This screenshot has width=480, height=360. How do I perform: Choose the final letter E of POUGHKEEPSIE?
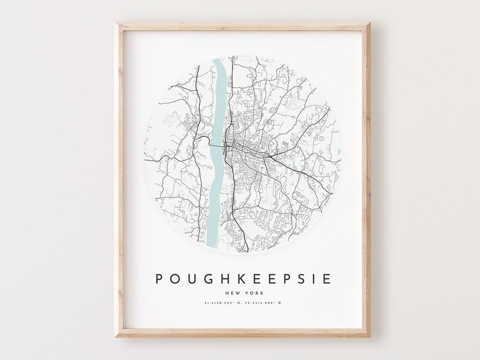[x=327, y=279]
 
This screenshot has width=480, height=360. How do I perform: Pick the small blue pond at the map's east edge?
[x=339, y=152]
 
